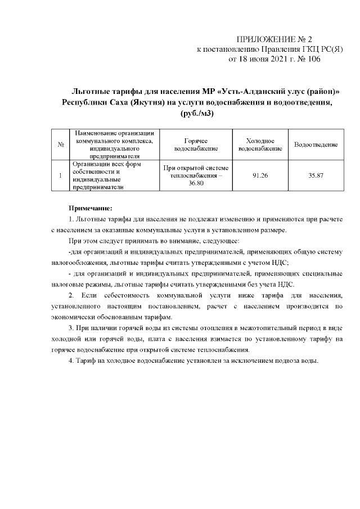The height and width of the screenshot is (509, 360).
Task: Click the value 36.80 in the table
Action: coord(196,184)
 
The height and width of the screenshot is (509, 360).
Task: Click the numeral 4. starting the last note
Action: coord(71,361)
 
